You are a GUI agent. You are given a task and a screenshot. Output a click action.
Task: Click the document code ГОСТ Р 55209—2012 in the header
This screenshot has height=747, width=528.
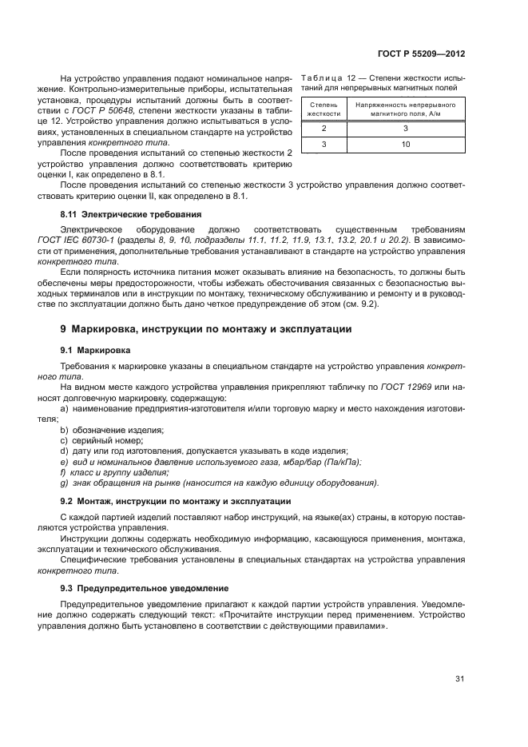pos(421,54)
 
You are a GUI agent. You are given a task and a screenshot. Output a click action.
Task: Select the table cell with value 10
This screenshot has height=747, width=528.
pos(405,144)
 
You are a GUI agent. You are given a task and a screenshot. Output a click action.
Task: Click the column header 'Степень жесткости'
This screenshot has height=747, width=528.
pos(324,109)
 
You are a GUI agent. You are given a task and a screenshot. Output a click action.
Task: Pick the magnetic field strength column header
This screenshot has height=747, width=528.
pos(405,109)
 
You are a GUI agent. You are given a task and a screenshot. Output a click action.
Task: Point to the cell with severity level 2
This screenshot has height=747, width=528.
pos(324,128)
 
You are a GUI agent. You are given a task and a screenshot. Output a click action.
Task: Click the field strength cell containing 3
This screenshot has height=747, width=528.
pos(405,128)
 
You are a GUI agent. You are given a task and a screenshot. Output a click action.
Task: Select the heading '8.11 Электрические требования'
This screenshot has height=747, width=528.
pos(131,215)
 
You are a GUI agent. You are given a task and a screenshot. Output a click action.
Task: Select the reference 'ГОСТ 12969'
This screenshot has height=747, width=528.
pos(411,387)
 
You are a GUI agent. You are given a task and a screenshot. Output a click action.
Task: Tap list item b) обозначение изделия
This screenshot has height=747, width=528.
pos(112,430)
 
